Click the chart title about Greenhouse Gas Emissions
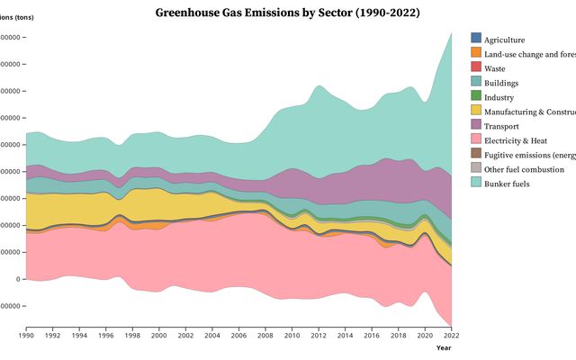point(287,13)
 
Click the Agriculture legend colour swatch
point(476,39)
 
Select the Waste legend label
point(494,67)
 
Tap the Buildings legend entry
point(500,82)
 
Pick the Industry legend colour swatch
point(476,96)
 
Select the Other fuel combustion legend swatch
point(476,168)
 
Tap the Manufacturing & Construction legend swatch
point(476,111)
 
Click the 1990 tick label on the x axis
point(27,336)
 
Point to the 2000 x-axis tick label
point(159,336)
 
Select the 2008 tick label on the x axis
point(265,336)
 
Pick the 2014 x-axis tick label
point(346,336)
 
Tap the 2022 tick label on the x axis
point(452,336)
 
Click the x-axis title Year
point(444,347)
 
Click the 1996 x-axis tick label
point(106,336)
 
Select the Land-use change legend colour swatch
point(476,53)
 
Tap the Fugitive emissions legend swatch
point(476,154)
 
